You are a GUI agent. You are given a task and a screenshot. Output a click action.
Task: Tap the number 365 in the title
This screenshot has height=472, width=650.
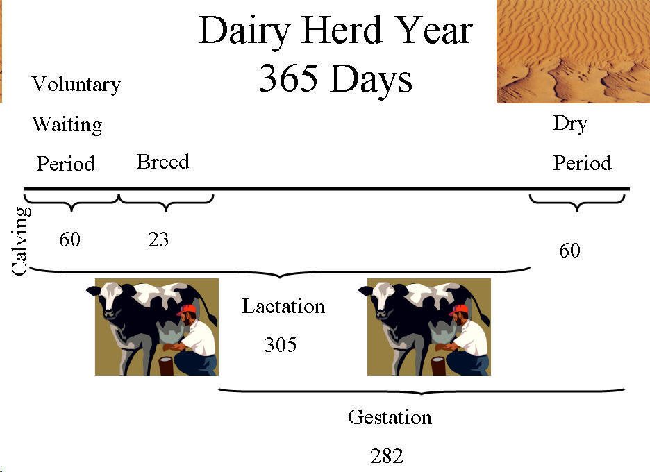click(288, 78)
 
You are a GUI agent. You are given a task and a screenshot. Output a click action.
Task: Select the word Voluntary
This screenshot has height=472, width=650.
click(76, 85)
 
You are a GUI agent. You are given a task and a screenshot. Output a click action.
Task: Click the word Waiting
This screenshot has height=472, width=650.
click(67, 124)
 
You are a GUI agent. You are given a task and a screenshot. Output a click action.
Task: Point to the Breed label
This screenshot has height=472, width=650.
click(163, 162)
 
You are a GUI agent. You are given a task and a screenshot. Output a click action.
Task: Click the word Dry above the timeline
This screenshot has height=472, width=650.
click(570, 124)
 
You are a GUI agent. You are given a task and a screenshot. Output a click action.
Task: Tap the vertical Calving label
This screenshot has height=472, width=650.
click(20, 241)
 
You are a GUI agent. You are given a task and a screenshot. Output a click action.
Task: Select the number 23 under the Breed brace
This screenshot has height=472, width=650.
click(158, 239)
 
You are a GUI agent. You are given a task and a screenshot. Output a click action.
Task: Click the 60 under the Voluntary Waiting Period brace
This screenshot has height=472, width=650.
click(69, 239)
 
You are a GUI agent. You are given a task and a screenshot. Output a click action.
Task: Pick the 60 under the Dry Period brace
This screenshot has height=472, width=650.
click(569, 251)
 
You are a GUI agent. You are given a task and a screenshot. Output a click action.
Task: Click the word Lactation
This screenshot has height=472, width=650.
click(283, 306)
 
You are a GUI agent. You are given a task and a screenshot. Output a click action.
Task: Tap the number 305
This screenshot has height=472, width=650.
click(281, 344)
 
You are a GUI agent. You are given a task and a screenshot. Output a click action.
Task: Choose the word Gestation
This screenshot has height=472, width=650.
click(390, 417)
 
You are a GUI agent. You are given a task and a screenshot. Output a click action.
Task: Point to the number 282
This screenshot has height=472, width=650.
click(387, 456)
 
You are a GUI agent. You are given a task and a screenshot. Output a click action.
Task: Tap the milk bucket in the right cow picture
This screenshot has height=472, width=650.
click(439, 366)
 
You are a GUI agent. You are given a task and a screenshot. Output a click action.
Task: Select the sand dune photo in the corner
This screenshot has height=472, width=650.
click(574, 51)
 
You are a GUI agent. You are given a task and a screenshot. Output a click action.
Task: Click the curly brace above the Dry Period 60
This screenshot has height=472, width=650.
click(577, 203)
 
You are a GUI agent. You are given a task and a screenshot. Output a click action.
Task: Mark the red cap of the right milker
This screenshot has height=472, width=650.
click(459, 310)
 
